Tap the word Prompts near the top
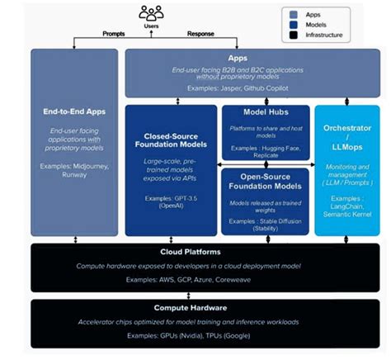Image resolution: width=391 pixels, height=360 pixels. [114, 34]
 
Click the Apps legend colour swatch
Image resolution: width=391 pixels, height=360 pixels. [294, 14]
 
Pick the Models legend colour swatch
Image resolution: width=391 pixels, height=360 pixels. [294, 25]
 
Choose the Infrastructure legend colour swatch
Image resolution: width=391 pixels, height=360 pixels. [294, 36]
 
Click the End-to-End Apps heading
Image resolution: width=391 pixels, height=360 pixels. [73, 111]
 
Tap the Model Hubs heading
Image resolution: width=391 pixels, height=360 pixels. [265, 111]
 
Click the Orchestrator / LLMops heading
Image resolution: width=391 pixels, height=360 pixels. [347, 135]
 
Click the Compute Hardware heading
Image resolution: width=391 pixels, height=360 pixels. [195, 306]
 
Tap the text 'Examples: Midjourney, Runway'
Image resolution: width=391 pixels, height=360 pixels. [73, 171]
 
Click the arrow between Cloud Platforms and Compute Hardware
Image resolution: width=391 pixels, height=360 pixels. [195, 296]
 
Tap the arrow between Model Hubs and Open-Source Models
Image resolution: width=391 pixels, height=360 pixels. [265, 164]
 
